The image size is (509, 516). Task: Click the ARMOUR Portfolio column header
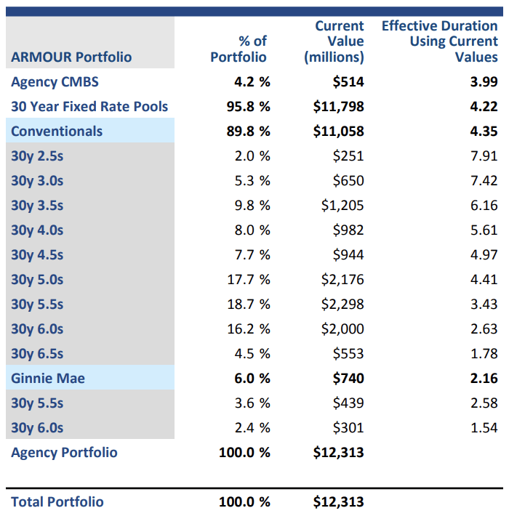(x=71, y=57)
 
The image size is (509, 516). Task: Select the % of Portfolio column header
(x=239, y=49)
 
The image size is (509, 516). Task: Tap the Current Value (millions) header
(x=334, y=41)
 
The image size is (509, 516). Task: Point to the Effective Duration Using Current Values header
(x=440, y=41)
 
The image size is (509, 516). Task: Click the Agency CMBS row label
(x=55, y=81)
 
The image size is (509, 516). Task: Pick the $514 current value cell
(x=348, y=81)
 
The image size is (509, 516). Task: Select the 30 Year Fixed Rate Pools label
(x=89, y=106)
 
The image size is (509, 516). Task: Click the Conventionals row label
(x=57, y=131)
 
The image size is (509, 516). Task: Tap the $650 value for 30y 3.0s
(x=348, y=180)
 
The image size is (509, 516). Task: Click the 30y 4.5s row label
(x=37, y=254)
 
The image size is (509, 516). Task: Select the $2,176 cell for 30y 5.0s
(x=342, y=279)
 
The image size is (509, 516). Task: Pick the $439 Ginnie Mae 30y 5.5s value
(x=348, y=403)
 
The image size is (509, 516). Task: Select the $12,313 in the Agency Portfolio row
(x=338, y=452)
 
